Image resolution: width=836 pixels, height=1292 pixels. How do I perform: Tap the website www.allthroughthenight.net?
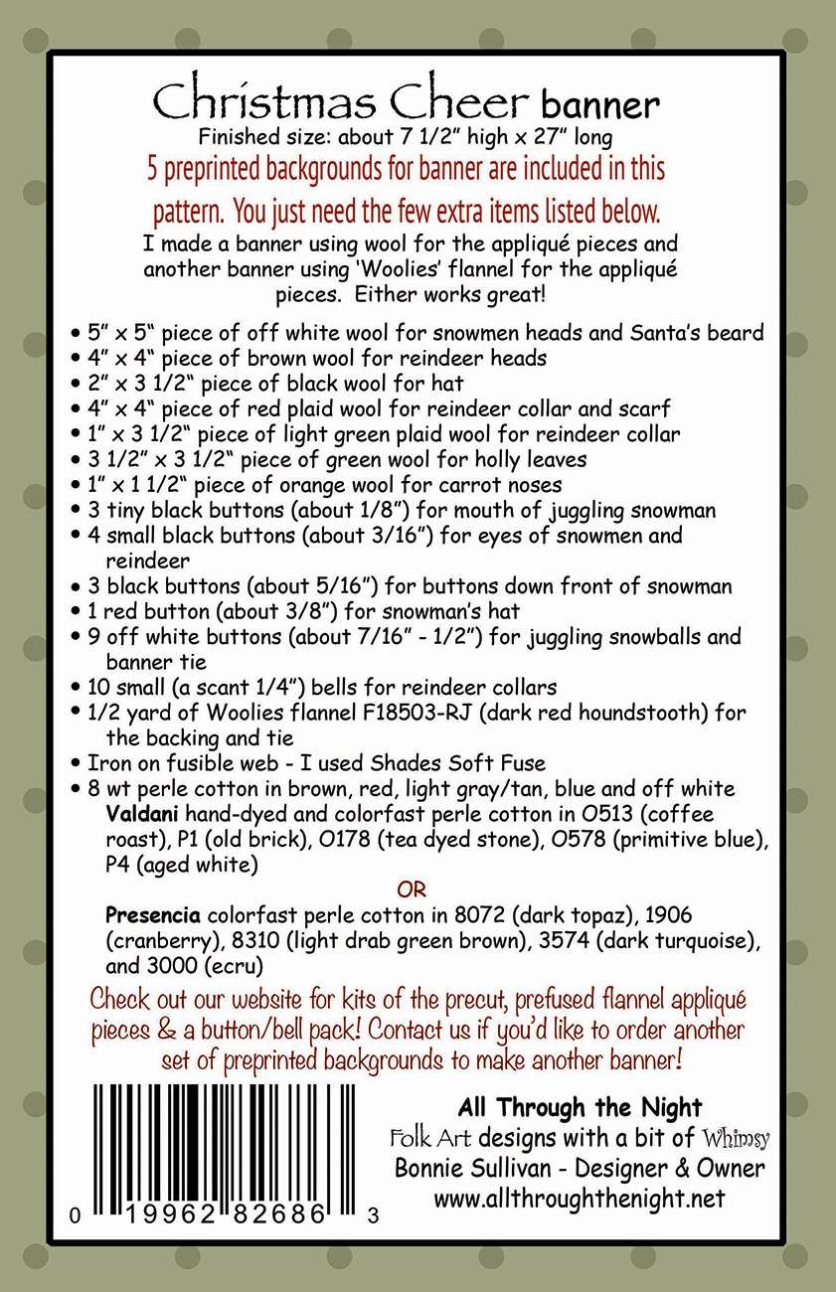coord(580,1199)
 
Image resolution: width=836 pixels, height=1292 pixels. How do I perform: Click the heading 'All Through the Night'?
coord(580,1107)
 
